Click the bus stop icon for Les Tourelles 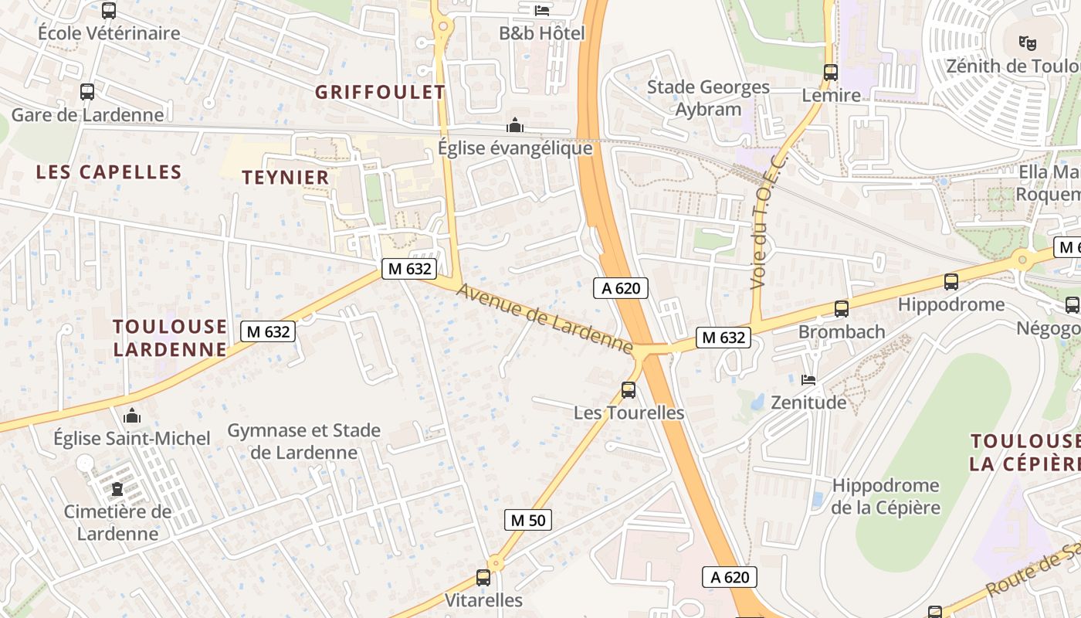pos(629,390)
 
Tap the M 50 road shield pos(528,520)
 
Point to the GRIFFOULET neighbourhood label pos(380,92)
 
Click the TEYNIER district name pos(286,177)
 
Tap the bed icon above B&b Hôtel pos(542,10)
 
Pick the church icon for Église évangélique pos(515,125)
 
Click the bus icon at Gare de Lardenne pos(87,92)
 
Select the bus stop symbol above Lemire pos(831,73)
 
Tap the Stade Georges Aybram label pos(708,98)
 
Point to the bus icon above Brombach pos(842,309)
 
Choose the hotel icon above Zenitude pos(808,379)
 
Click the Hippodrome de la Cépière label pos(886,496)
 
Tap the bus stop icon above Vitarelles pos(483,577)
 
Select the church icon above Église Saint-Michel pos(132,416)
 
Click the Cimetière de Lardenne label pos(117,522)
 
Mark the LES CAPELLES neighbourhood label pos(109,171)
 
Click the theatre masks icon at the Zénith pos(1026,42)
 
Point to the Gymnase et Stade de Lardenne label pos(303,441)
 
